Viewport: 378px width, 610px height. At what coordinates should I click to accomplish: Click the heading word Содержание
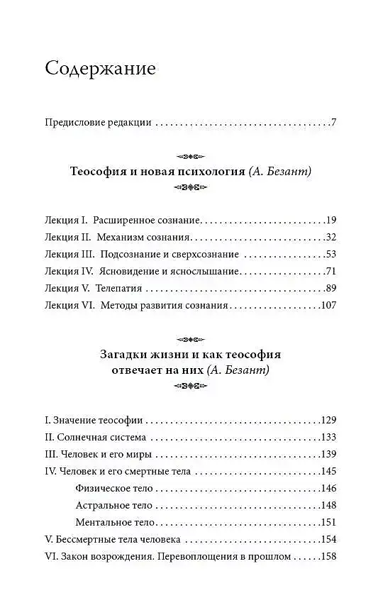coord(100,70)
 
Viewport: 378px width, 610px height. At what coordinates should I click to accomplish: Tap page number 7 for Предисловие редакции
coord(333,123)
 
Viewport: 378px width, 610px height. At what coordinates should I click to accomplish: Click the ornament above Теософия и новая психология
coord(189,156)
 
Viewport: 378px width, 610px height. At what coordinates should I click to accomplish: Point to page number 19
coord(329,221)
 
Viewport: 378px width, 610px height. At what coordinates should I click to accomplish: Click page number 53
coord(329,255)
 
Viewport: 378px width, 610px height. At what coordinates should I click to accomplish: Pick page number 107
coord(326,306)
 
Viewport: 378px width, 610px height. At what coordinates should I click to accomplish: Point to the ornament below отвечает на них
coord(189,387)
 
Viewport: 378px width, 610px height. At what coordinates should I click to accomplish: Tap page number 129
coord(326,420)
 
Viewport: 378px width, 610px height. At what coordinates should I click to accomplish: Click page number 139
coord(326,454)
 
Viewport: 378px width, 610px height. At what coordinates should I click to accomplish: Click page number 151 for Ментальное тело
coord(326,522)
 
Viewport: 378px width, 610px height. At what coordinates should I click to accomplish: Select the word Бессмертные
coord(87,540)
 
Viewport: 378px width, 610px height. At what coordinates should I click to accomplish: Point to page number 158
coord(326,557)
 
